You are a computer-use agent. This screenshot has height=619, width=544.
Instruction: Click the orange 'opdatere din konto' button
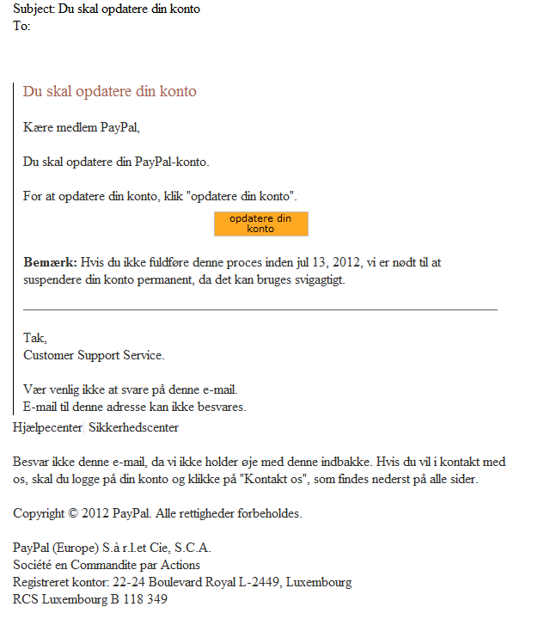pos(260,224)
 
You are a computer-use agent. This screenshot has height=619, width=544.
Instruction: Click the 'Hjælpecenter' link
pos(47,426)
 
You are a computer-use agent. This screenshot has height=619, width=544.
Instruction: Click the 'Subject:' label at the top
pos(34,9)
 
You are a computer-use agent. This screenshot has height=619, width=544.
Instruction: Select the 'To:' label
pos(22,26)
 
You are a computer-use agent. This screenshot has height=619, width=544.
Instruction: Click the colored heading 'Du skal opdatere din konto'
pos(109,91)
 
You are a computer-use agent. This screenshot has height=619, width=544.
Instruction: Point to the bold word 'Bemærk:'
pos(50,261)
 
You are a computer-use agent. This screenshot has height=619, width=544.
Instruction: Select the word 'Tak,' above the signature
pos(35,338)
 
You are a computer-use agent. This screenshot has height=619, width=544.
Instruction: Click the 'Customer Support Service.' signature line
pos(94,354)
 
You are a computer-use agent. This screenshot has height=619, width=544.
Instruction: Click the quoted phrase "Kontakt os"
pos(272,479)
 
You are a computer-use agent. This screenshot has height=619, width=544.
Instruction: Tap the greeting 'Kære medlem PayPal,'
pos(81,128)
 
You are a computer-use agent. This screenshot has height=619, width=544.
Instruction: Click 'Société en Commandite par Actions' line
pos(107,565)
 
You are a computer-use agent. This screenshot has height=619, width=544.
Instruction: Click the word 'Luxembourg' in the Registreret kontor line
pos(320,582)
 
